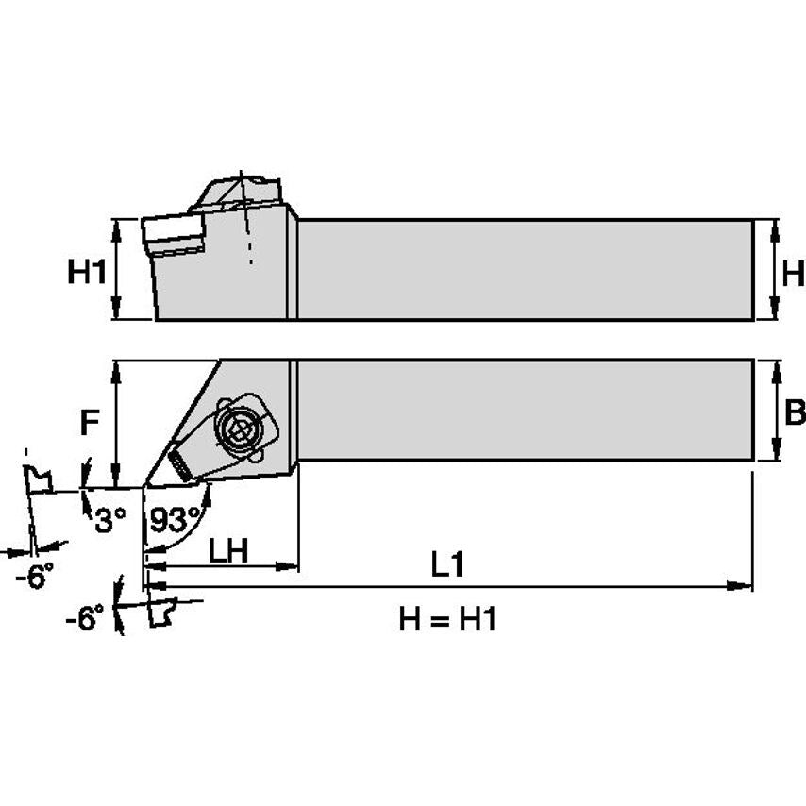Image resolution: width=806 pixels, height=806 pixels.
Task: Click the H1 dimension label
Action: click(86, 274)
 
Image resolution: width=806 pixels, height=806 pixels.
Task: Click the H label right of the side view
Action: click(793, 275)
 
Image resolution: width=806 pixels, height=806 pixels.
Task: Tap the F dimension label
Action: click(89, 424)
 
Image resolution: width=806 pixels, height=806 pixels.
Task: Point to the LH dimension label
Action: click(227, 551)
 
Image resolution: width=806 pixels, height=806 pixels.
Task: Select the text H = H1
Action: click(447, 619)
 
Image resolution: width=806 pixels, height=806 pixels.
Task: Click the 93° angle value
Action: click(176, 518)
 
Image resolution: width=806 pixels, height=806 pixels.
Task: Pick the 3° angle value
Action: click(109, 518)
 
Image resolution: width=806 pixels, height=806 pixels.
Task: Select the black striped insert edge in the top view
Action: click(179, 462)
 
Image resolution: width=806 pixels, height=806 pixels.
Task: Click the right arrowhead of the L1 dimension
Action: click(745, 587)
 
